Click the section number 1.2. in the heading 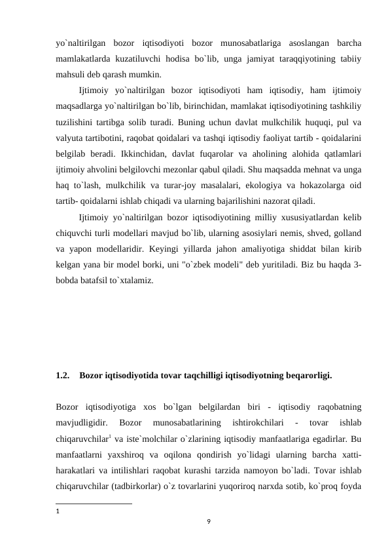tap(64, 376)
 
